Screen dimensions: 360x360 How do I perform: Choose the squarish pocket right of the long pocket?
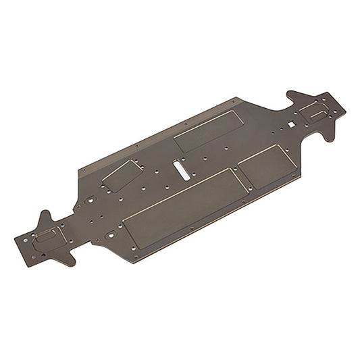click(266, 166)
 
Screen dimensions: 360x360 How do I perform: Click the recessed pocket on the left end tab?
click(46, 236)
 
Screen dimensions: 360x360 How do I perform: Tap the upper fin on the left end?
click(45, 217)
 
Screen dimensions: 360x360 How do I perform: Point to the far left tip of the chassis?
click(16, 238)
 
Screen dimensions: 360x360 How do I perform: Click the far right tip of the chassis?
click(344, 108)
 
